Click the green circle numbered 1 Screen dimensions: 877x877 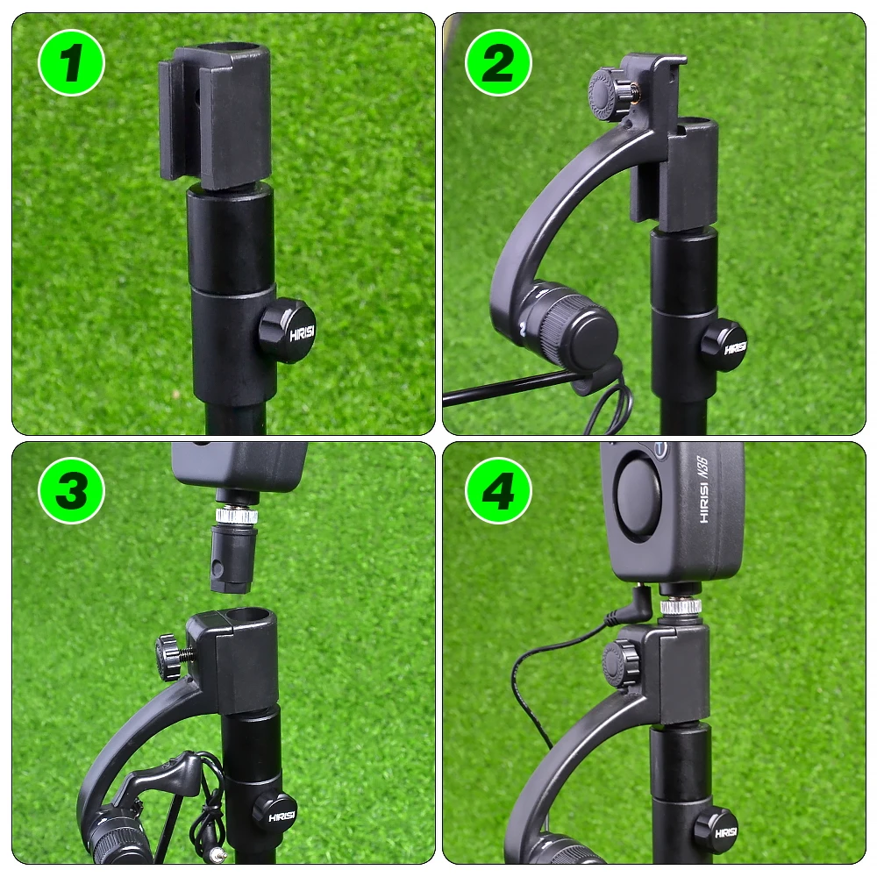point(71,62)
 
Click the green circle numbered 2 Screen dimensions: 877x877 point(498,62)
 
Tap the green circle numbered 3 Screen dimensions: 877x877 point(71,491)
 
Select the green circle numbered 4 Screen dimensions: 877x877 point(498,491)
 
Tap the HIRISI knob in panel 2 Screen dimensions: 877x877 point(724,346)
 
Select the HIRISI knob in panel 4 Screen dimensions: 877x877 point(715,829)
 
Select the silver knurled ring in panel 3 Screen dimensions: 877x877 point(237,516)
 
